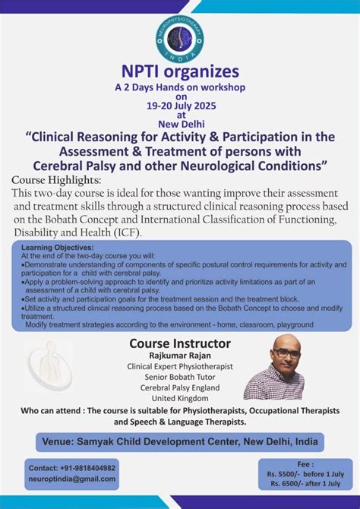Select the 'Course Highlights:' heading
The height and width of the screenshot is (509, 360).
click(x=56, y=179)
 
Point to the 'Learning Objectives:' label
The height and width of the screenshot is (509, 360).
click(x=58, y=248)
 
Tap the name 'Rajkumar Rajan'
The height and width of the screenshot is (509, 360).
click(x=179, y=356)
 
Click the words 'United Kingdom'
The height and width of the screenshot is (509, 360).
click(x=179, y=398)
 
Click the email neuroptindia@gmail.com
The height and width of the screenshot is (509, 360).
click(x=72, y=479)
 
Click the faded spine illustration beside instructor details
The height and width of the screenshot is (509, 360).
click(x=47, y=367)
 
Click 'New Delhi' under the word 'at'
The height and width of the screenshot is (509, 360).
click(x=180, y=124)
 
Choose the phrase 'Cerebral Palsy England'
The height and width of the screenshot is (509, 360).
click(x=179, y=387)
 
